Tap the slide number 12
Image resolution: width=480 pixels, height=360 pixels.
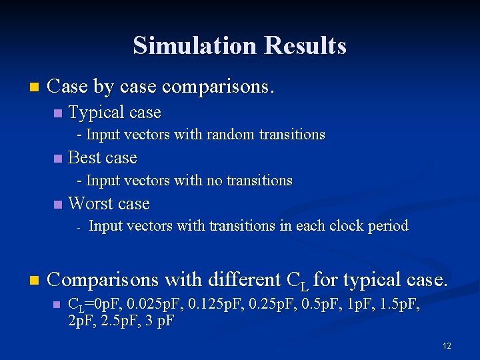(447, 346)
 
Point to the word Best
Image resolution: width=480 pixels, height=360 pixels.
(84, 158)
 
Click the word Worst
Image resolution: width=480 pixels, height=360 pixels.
(90, 203)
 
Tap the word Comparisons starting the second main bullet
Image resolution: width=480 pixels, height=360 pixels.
(103, 279)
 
